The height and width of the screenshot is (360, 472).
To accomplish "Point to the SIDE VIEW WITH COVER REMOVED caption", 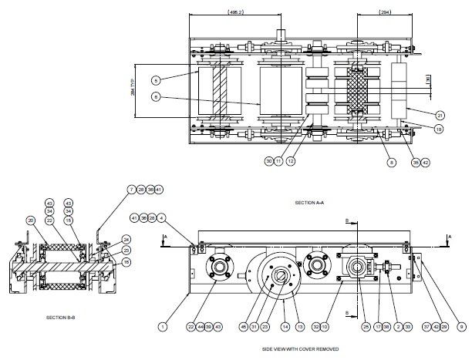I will pyautogui.click(x=300, y=349).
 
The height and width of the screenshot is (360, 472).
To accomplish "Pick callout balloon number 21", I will pyautogui.click(x=440, y=115).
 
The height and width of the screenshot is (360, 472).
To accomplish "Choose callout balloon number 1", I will pyautogui.click(x=163, y=327).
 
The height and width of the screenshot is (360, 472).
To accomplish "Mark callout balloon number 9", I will pyautogui.click(x=460, y=327).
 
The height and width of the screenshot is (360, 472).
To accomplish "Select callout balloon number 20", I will pyautogui.click(x=31, y=220).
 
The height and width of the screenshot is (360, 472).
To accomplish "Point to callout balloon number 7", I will pyautogui.click(x=132, y=189).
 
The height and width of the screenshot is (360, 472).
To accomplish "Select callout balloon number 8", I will pyautogui.click(x=393, y=163).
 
